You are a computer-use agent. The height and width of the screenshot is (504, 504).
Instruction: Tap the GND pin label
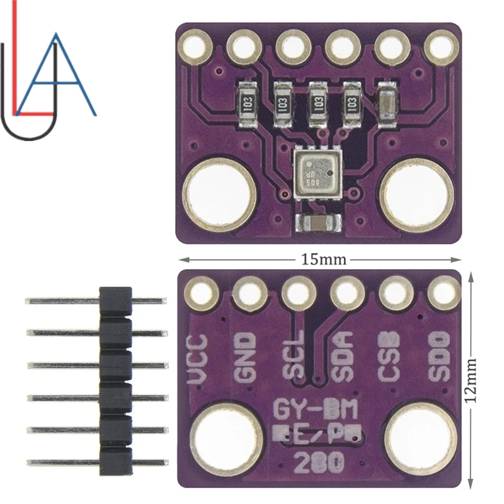[246, 357]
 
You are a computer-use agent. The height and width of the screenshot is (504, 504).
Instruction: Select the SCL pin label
[294, 356]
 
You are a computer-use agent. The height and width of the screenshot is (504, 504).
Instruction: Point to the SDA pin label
[343, 357]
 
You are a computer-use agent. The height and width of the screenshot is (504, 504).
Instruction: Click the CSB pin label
[391, 357]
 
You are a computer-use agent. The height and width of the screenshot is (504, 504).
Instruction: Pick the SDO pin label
[439, 357]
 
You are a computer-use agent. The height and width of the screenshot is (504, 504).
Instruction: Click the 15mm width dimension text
[321, 259]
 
